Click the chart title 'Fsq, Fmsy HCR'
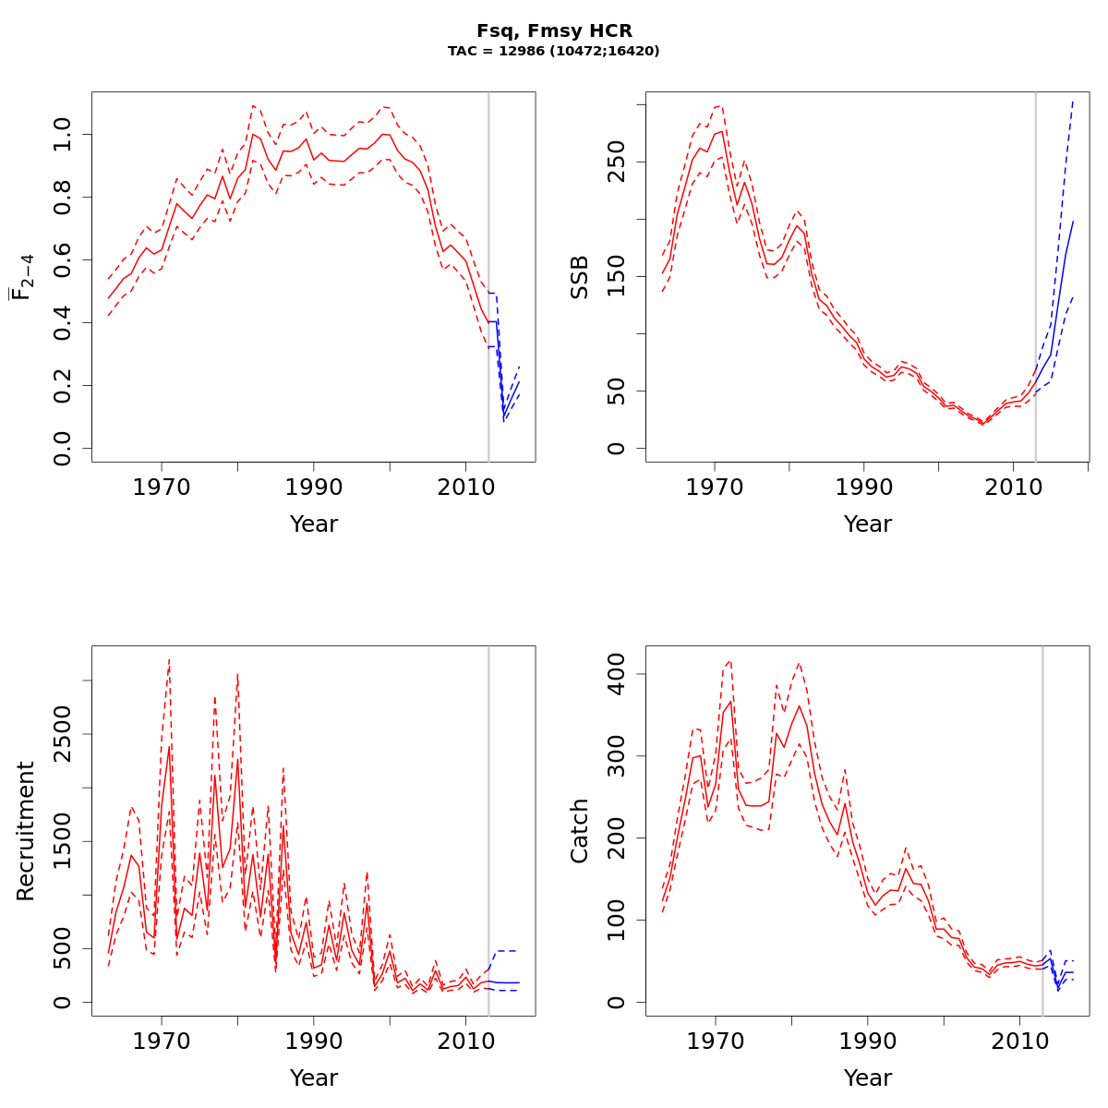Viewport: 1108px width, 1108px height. tap(554, 31)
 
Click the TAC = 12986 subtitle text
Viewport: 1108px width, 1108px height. tap(554, 52)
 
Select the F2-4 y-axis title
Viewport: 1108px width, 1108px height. tap(22, 277)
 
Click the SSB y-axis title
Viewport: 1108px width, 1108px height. tap(579, 277)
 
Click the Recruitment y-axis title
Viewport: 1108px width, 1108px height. tap(25, 831)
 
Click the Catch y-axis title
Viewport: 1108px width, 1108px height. tap(579, 831)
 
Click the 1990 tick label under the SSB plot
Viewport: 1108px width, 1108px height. tap(863, 487)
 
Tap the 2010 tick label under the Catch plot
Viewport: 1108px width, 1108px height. tap(1018, 1041)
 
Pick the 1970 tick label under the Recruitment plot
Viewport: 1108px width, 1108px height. tap(162, 1041)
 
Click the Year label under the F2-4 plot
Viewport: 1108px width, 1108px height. tap(314, 524)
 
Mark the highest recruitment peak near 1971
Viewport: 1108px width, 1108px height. tap(169, 659)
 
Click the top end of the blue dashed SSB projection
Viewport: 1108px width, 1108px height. tap(1073, 101)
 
